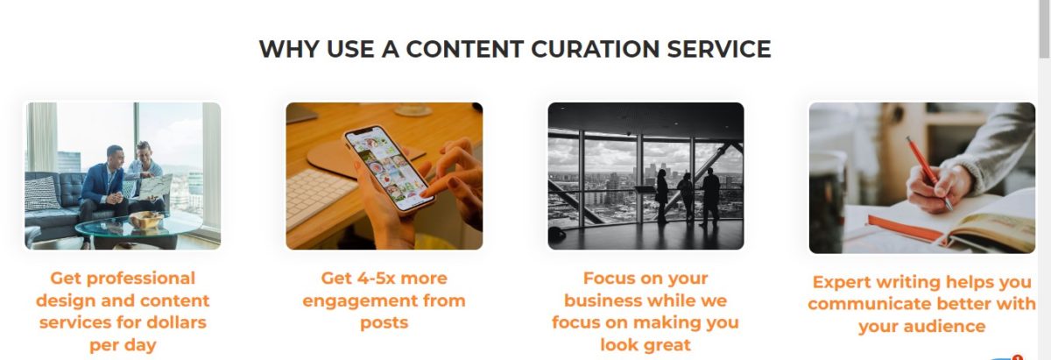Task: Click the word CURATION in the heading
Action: pos(595,49)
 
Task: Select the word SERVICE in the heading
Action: pos(719,49)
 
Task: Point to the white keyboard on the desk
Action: pos(319,197)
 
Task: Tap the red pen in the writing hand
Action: pos(929,173)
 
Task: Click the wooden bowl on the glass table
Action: pos(145,220)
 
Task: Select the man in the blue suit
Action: pos(102,193)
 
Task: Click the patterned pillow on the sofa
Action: pos(41,194)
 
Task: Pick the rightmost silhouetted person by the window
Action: pos(710,197)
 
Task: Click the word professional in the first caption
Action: pos(141,279)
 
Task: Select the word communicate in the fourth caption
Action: pos(865,304)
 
